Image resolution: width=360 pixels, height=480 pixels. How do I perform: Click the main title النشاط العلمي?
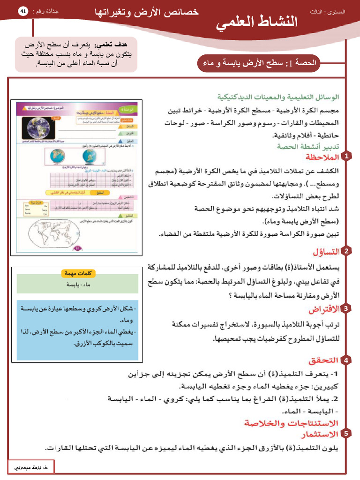point(257,22)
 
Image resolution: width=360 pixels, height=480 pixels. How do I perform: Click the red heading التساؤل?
point(326,252)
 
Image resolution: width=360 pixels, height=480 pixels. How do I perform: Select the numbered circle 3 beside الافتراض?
point(346,308)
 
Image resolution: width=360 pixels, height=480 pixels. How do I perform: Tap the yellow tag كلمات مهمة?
point(78,273)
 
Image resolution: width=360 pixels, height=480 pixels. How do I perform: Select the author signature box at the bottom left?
point(31,467)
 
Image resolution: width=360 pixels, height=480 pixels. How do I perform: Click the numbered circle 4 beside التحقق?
point(346,360)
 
